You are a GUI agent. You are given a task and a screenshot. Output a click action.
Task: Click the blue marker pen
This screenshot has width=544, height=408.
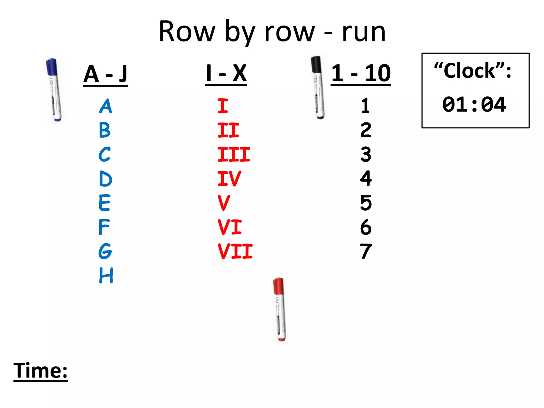(x=54, y=90)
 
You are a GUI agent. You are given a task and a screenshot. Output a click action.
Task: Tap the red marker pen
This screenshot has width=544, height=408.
(x=280, y=309)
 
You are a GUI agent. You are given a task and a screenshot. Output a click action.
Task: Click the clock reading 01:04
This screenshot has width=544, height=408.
(x=474, y=104)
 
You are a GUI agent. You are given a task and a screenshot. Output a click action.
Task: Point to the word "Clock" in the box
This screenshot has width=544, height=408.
(x=470, y=71)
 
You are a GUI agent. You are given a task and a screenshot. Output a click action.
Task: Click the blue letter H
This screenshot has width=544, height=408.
(x=106, y=275)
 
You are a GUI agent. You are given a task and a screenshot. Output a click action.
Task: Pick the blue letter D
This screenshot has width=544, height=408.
(x=105, y=179)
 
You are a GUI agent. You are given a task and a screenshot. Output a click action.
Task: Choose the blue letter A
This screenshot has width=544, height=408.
(x=106, y=106)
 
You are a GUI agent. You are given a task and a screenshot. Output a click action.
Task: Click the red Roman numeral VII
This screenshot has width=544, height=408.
(x=235, y=251)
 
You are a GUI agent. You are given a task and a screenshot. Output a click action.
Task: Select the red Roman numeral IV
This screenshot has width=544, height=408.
(x=229, y=178)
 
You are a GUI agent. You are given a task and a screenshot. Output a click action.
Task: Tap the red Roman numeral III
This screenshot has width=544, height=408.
(x=234, y=154)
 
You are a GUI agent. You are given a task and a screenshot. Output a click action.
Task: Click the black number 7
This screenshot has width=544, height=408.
(x=366, y=251)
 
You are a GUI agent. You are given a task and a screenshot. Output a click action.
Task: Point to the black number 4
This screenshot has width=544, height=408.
(x=366, y=178)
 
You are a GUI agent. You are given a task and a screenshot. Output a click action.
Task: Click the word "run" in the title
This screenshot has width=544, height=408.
(x=363, y=32)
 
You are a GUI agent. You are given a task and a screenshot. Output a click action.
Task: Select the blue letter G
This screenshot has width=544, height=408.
(x=105, y=251)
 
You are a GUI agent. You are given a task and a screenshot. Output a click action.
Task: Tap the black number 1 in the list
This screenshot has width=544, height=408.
(x=365, y=106)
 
